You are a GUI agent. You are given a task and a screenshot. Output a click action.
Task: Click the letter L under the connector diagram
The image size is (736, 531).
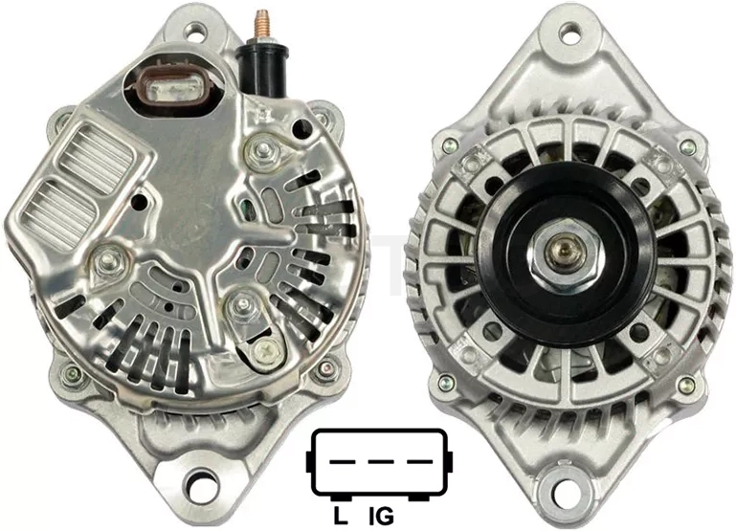340,516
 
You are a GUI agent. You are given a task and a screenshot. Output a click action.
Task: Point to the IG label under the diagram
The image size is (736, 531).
381,516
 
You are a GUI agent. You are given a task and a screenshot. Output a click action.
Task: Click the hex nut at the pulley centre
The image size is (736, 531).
564,254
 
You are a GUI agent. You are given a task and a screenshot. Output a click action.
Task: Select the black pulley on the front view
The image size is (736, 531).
565,254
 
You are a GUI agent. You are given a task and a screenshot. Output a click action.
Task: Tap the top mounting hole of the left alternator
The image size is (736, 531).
195,32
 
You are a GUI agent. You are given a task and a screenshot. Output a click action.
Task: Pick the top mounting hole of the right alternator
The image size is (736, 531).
570,34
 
